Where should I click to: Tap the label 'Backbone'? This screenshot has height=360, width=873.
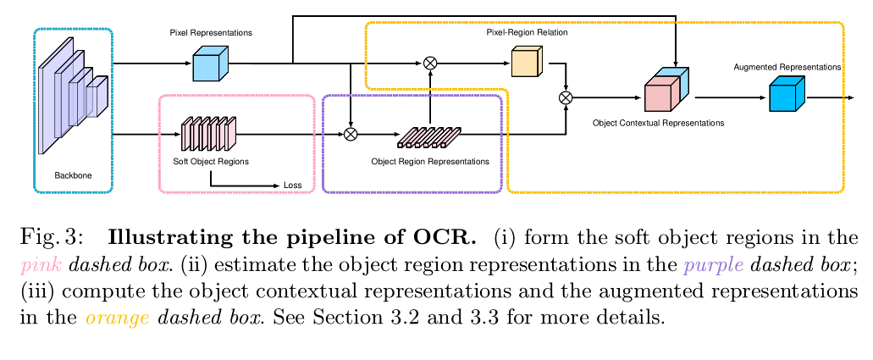[x=73, y=176]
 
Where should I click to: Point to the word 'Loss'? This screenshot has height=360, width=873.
[x=292, y=186]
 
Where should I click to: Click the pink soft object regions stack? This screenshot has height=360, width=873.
[x=209, y=133]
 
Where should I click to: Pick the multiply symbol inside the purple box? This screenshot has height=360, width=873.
[x=351, y=134]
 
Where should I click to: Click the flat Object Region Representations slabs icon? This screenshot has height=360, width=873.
[x=429, y=136]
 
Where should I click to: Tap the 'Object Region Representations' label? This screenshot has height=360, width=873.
[x=430, y=161]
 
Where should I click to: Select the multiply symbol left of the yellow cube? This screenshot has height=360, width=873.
[x=430, y=63]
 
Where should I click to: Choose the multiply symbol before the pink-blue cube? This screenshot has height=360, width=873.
[x=566, y=98]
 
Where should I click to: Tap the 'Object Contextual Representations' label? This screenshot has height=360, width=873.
[x=658, y=123]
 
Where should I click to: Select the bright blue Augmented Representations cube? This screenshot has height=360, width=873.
[x=785, y=95]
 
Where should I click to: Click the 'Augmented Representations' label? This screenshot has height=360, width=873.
[x=787, y=66]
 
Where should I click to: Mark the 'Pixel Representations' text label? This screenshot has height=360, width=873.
[x=211, y=32]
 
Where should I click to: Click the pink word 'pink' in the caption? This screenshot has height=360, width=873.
[x=40, y=264]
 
